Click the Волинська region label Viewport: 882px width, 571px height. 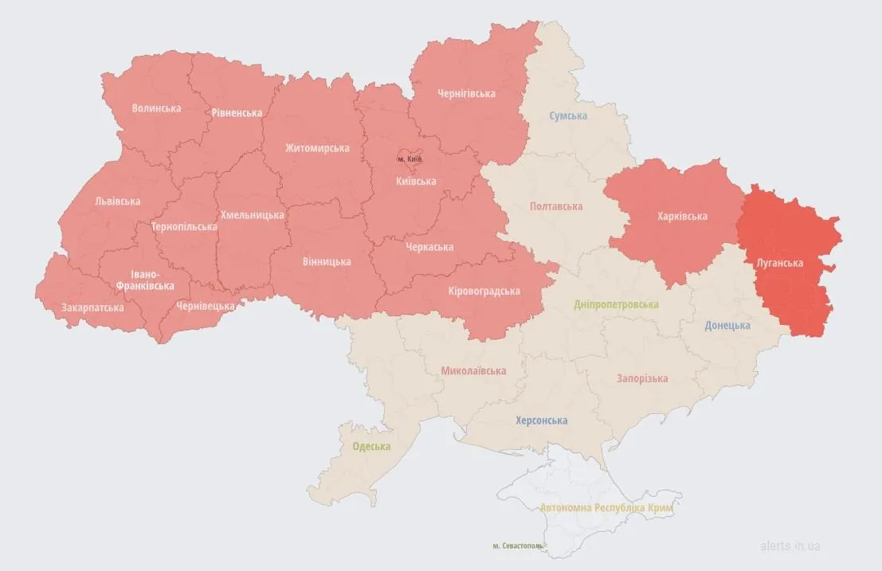[x=157, y=108]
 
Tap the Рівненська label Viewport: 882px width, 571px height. [x=237, y=113]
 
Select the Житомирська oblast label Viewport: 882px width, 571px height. [x=317, y=148]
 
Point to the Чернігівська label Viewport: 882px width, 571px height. [x=466, y=93]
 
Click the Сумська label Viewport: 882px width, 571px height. [x=568, y=115]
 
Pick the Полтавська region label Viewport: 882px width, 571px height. [x=556, y=206]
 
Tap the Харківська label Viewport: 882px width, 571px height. [x=682, y=216]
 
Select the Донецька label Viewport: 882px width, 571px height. [x=727, y=325]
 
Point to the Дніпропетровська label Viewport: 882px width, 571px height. [x=617, y=305]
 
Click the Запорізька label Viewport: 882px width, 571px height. [x=641, y=378]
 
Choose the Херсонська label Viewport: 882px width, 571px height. [x=542, y=420]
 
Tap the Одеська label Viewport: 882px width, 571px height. [x=372, y=446]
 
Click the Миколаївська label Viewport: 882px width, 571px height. [x=473, y=371]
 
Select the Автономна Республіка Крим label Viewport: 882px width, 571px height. [x=606, y=507]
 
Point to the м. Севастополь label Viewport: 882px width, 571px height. [x=519, y=546]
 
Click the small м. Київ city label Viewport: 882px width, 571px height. [x=410, y=159]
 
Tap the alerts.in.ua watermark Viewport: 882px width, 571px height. [x=790, y=546]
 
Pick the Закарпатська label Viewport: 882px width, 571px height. [x=92, y=307]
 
